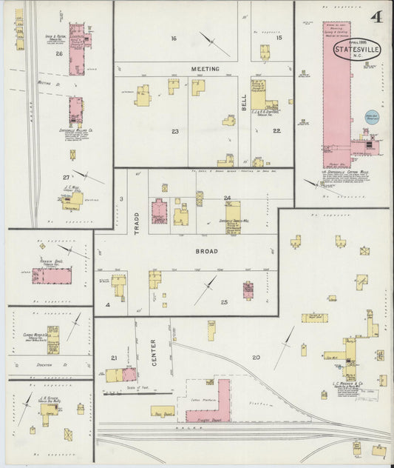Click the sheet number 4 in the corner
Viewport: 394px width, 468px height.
(x=376, y=16)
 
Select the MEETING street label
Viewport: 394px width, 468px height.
(x=206, y=69)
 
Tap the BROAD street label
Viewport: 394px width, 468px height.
(x=206, y=252)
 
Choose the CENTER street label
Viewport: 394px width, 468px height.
(x=154, y=347)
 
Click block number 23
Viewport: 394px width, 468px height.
(x=175, y=131)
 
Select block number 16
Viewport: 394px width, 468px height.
(x=174, y=38)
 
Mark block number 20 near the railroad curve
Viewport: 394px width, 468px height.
(x=256, y=358)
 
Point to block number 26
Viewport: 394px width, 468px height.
(x=58, y=53)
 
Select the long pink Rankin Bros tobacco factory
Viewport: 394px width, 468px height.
(x=52, y=276)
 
